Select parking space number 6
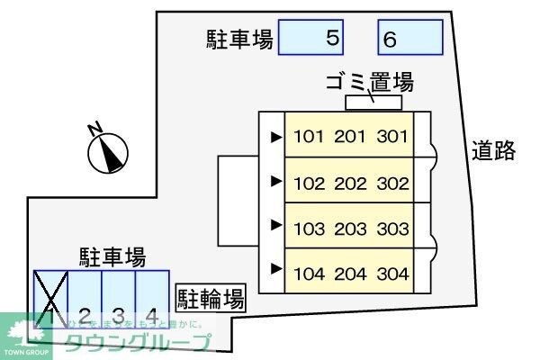point(410,39)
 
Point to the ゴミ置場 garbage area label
point(369,84)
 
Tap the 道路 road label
point(493,150)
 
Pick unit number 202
point(350,184)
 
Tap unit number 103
point(308,229)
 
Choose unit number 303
point(393,229)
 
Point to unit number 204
point(350,274)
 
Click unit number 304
point(393,274)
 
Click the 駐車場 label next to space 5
point(238,40)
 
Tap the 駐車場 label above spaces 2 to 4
point(113,256)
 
